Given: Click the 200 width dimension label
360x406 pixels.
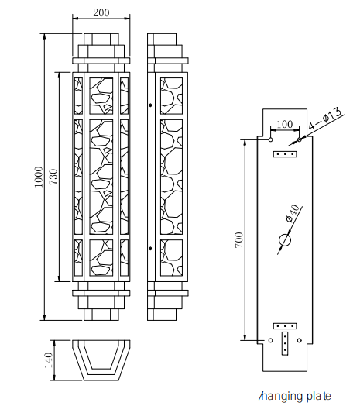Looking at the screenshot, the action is click(x=101, y=12).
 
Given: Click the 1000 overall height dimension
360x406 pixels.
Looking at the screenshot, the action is click(x=38, y=177).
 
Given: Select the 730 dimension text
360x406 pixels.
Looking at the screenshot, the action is click(x=53, y=177).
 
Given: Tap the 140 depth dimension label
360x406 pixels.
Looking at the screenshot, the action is click(x=48, y=360).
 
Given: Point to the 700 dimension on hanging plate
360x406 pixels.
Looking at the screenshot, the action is click(x=239, y=239).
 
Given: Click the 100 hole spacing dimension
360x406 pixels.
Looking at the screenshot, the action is click(x=285, y=124).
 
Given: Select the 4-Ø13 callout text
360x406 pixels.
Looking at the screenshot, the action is click(x=325, y=119).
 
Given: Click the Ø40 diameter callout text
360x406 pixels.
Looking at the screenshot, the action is click(x=293, y=213).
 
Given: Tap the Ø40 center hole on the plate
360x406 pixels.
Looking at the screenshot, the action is click(x=285, y=239).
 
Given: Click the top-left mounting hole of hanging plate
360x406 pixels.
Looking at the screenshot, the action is click(x=270, y=139).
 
